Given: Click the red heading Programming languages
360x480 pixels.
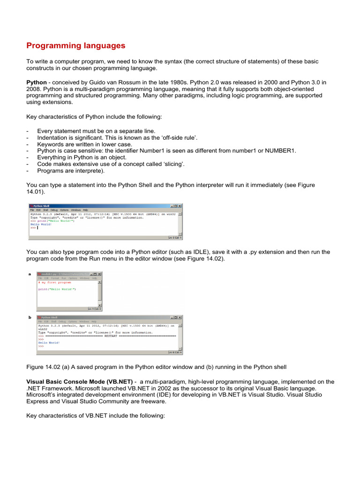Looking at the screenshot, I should [76, 45].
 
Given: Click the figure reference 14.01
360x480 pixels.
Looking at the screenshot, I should [35, 192].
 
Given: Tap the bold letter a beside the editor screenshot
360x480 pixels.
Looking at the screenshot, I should [30, 274].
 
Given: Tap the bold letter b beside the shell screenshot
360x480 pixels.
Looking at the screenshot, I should [30, 317].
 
